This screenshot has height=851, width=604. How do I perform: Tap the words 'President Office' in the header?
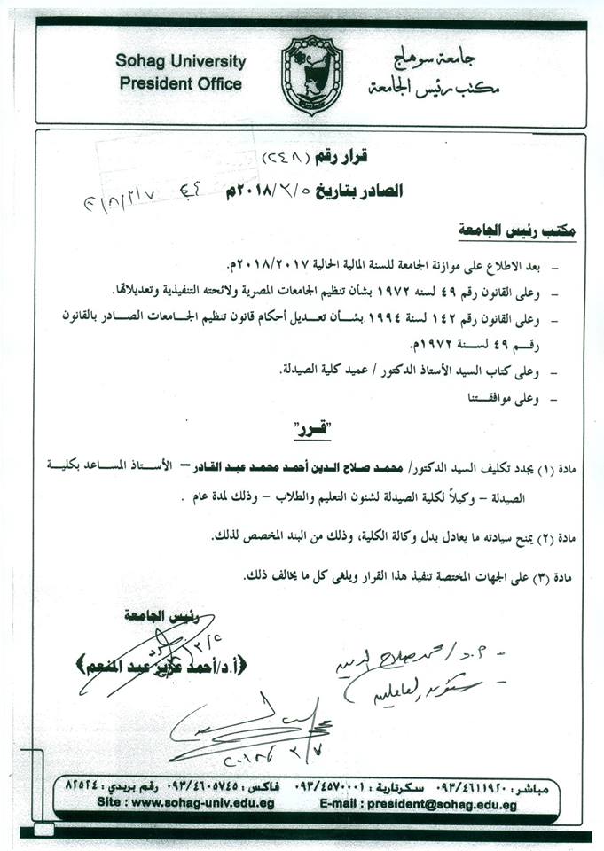coord(178,84)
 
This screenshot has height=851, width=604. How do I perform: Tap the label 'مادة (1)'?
coord(558,466)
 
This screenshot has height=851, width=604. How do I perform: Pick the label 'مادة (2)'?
coord(558,537)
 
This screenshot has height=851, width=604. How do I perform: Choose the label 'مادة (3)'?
coord(558,576)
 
